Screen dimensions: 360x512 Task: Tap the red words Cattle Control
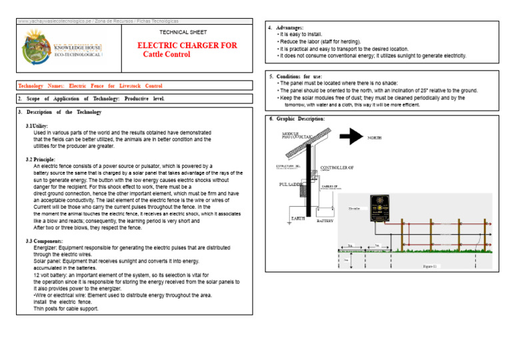click(x=167, y=55)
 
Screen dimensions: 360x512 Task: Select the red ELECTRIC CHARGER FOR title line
click(x=187, y=45)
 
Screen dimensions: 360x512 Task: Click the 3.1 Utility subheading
click(x=37, y=125)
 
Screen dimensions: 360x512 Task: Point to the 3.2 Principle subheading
click(x=40, y=159)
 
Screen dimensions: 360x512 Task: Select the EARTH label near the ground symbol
click(x=297, y=218)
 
